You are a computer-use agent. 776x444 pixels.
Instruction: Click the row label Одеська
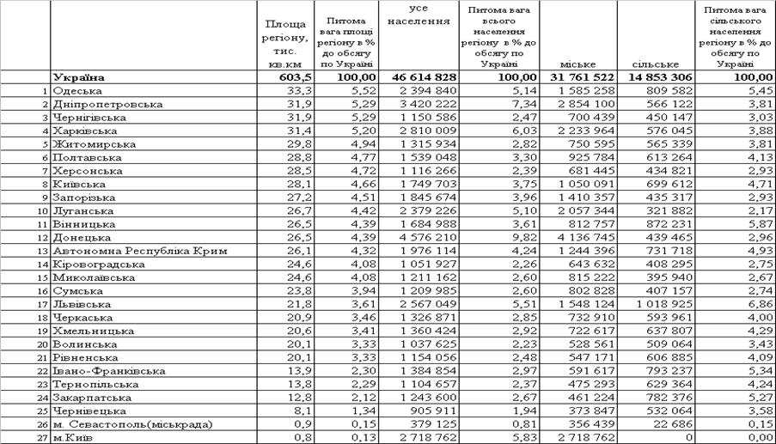[77, 90]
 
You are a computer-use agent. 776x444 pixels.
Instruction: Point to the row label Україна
[77, 77]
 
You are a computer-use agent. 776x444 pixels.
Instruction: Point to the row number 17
[40, 304]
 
